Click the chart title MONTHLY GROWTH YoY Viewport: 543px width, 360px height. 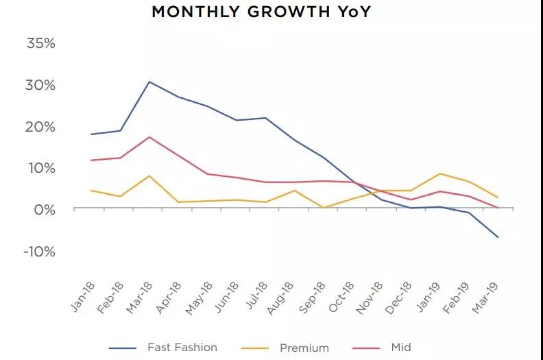(261, 12)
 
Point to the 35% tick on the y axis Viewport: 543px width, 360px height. (40, 44)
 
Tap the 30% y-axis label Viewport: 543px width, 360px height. (40, 86)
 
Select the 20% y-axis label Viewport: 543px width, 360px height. (40, 127)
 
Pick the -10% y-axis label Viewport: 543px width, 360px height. (38, 252)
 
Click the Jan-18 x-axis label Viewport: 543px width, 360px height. (83, 296)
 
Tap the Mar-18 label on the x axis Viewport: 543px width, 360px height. (141, 296)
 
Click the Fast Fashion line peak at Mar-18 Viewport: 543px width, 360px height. (149, 82)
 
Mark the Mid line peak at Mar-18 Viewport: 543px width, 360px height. (149, 137)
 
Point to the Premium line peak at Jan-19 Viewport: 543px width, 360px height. (439, 173)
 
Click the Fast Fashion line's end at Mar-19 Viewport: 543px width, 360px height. (498, 237)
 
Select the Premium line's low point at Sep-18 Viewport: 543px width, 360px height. (324, 207)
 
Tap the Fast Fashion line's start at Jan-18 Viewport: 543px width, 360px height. (91, 134)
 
